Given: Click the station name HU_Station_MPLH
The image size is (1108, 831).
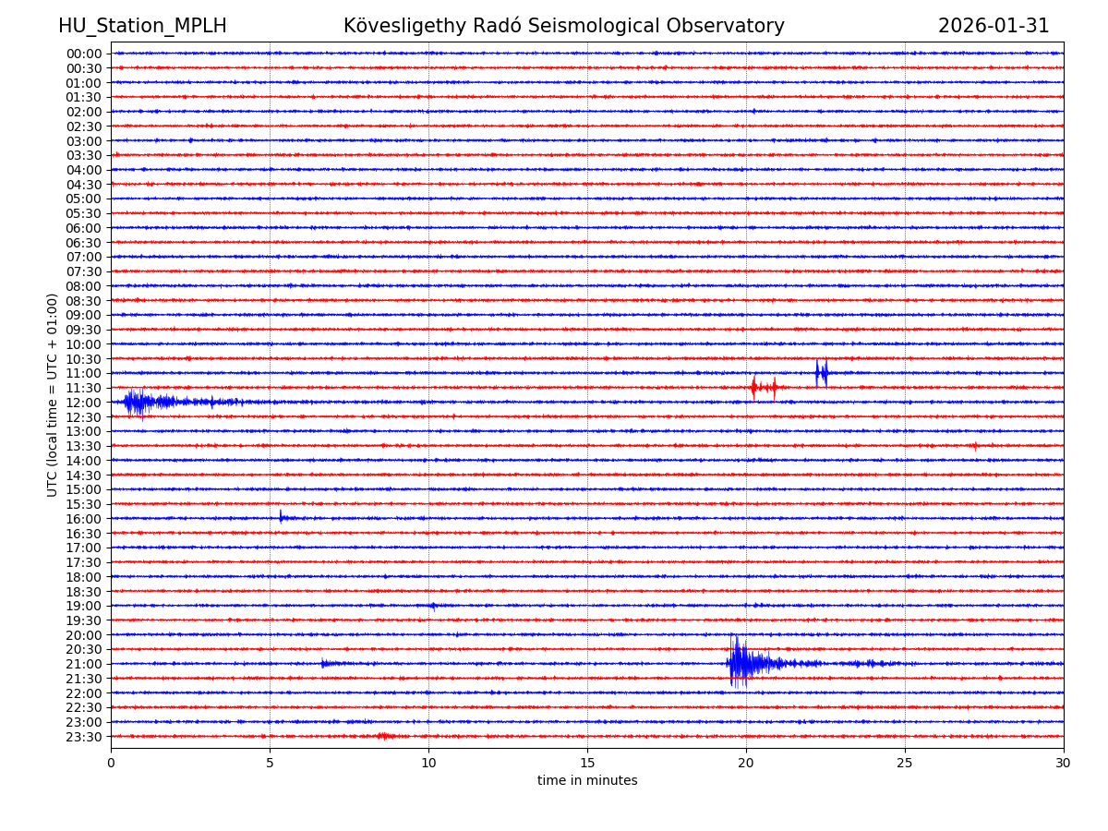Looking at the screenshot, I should tap(142, 26).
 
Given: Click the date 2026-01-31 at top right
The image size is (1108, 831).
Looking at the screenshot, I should tap(994, 26).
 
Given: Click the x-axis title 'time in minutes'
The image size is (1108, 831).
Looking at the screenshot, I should tap(587, 781).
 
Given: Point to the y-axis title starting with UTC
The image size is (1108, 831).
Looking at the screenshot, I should tap(53, 394).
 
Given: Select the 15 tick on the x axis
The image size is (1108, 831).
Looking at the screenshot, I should tap(587, 764).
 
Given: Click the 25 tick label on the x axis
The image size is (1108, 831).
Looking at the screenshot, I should tap(905, 764).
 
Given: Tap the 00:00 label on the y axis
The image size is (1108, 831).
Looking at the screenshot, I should tap(83, 54).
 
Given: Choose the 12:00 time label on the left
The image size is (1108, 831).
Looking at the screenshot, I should tap(83, 403).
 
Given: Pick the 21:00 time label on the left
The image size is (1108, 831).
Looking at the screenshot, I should tap(83, 664).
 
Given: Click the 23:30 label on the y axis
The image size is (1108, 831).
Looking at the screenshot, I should tap(83, 737).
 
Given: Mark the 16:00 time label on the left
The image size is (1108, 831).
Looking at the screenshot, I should tap(83, 519).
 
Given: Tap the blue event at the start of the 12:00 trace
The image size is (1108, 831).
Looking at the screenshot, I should tap(137, 402).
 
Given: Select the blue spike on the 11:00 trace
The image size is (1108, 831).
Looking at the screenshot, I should tap(821, 373).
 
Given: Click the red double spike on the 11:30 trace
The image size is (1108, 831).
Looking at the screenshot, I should tap(763, 387).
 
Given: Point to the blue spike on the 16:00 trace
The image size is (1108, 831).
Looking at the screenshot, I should tap(282, 517).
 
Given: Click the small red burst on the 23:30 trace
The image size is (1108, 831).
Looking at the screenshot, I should tap(385, 736).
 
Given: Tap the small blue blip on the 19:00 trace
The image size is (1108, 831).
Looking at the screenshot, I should tap(432, 606).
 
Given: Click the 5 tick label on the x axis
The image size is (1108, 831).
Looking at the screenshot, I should tap(270, 764).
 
